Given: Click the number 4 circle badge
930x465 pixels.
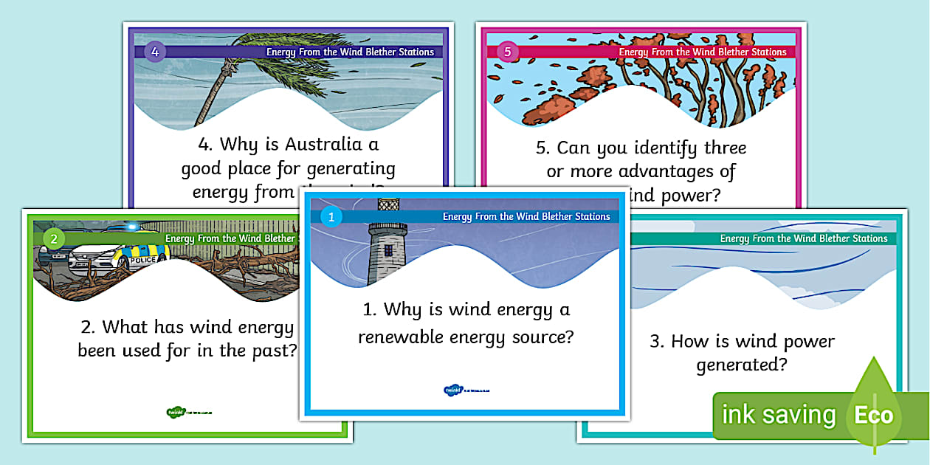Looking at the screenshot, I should click(x=154, y=52).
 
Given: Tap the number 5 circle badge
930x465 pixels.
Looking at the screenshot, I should click(x=506, y=52).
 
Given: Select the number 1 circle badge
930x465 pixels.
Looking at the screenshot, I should click(x=331, y=217).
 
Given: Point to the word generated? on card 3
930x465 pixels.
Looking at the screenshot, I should click(x=742, y=365).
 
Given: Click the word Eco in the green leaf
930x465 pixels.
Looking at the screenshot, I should click(x=873, y=414).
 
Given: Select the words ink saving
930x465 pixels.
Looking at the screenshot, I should click(x=778, y=415).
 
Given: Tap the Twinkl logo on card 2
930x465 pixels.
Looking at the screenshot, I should click(x=188, y=413).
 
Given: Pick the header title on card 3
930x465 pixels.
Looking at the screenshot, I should click(x=803, y=238).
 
